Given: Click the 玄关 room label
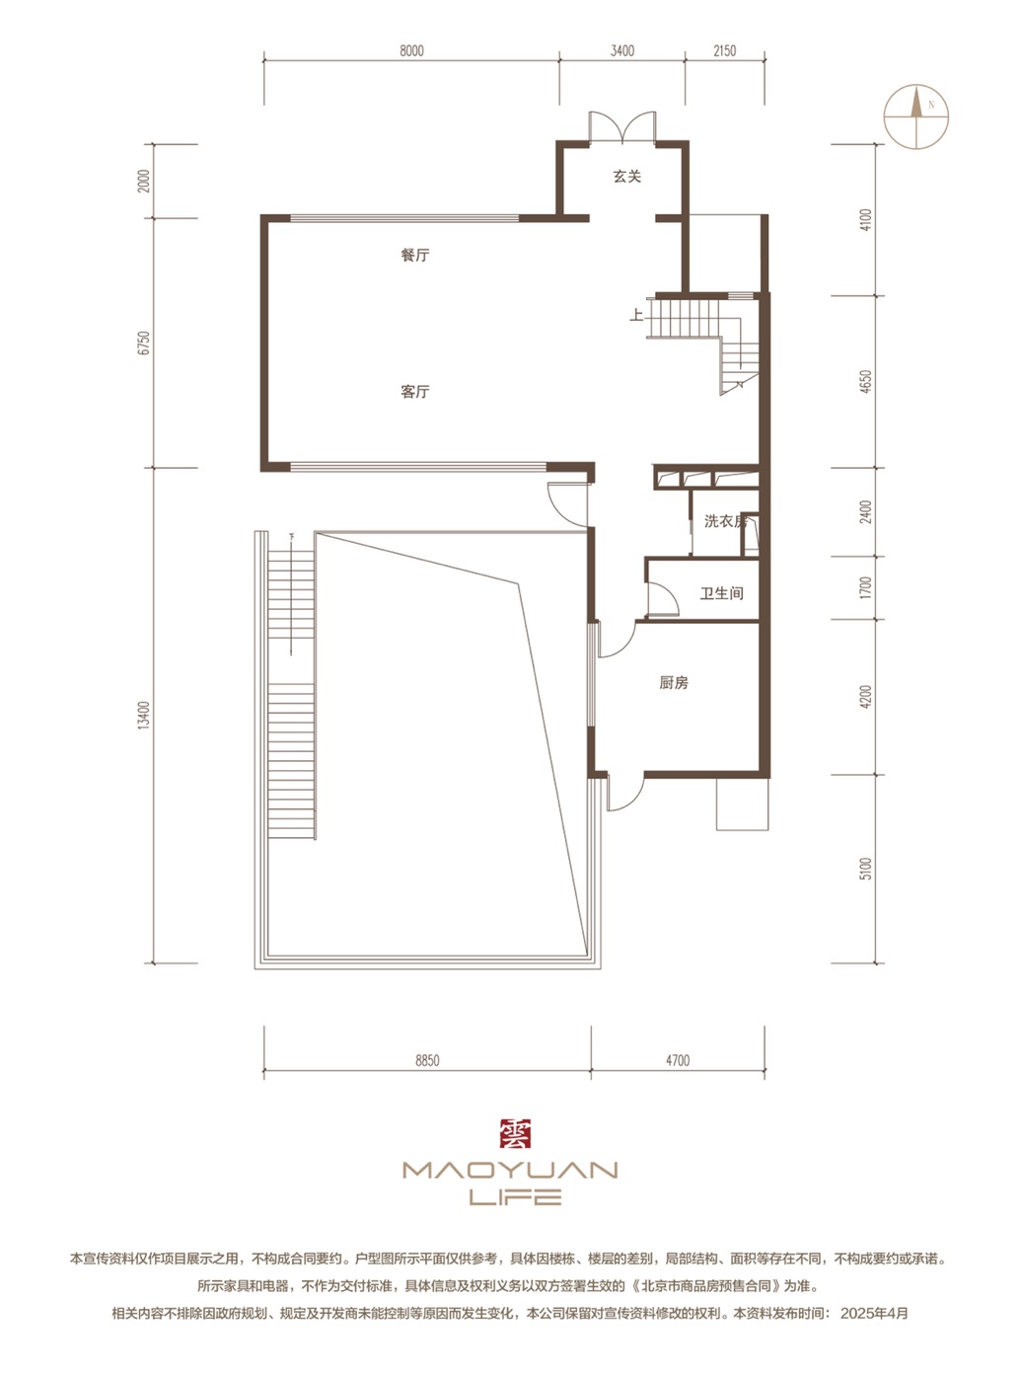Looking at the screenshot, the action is pos(626,177).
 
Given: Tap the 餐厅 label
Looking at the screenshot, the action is pos(414,255).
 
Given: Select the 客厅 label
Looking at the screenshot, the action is pos(414,392).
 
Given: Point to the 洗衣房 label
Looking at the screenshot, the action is pos(724,521).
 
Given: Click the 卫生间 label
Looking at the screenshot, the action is pos(722,593).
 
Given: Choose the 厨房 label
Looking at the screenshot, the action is pos(674,683).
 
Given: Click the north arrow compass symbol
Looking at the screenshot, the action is pos(916,116).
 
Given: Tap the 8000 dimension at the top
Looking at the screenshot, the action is pos(411,51).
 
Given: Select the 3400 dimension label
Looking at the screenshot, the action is pos(621,51).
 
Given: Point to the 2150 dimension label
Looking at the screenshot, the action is pos(724,51).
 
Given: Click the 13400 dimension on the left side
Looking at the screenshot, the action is pos(144,716).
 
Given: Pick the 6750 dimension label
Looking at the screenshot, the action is pos(144,343).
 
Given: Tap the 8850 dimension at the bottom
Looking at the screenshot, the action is pos(427,1060).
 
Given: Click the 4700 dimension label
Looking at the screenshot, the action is pos(677,1060).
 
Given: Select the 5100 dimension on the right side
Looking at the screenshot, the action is pos(866,869).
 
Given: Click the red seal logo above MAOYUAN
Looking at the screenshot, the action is pos(515,1133).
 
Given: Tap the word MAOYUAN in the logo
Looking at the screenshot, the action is pos(510,1171).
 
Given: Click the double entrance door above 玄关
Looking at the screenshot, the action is pos(621,126).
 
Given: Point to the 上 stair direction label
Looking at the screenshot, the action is pos(637,316).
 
